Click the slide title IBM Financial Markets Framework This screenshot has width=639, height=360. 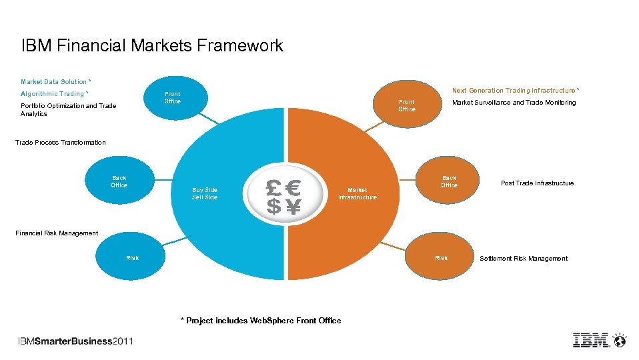point(152,46)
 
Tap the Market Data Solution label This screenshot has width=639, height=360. point(55,82)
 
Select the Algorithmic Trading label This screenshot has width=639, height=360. point(54,94)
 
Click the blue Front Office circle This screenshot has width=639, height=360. point(172,99)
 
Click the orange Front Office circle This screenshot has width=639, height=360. point(406,105)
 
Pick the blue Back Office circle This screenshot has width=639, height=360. point(119,182)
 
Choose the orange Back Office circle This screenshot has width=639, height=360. point(449,181)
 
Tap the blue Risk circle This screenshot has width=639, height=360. point(132,258)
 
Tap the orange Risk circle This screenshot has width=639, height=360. point(441,258)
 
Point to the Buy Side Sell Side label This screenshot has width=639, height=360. point(205,193)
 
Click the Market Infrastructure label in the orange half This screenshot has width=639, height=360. point(357,193)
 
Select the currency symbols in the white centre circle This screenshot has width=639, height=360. point(283,197)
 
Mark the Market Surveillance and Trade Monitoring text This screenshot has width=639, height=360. point(514,103)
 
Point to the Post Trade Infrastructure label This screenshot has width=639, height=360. point(537,183)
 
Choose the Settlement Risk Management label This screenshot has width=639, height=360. point(524,259)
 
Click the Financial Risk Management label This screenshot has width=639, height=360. point(57,233)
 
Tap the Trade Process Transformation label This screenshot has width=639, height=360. point(60,143)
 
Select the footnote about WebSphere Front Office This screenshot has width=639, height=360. point(261,321)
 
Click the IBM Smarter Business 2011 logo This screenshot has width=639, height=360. point(75,341)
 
